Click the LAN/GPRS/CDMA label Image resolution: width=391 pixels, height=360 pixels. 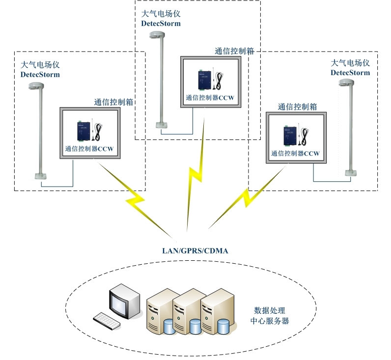[195, 250]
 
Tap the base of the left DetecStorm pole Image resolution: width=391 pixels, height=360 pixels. [40, 175]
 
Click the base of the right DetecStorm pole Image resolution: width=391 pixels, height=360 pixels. [350, 172]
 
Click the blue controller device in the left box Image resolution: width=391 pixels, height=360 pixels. [81, 132]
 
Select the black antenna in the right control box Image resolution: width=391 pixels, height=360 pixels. [304, 138]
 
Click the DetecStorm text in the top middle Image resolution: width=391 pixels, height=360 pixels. [161, 23]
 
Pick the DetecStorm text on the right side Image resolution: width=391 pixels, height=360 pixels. [350, 72]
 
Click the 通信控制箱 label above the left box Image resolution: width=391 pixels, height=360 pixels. [113, 102]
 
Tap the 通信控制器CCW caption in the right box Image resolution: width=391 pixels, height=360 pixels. [295, 153]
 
